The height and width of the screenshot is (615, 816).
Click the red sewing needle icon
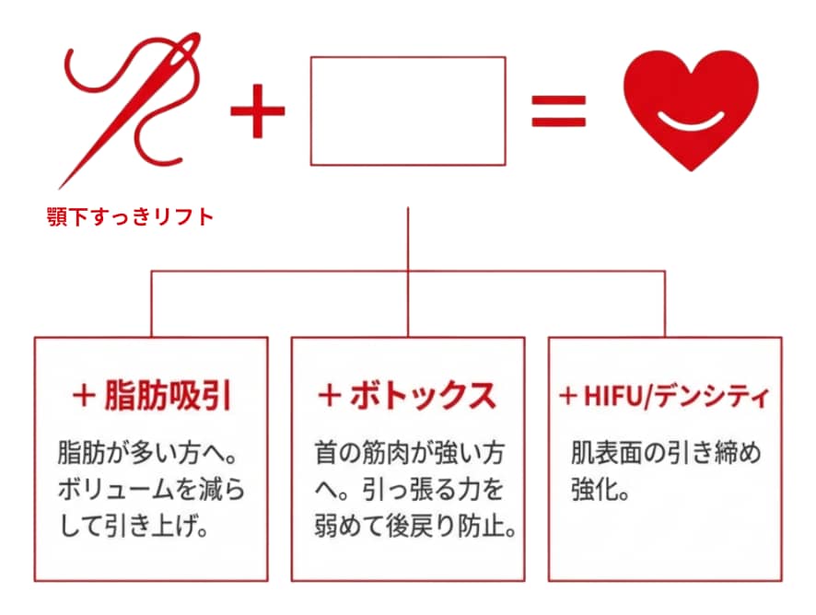pos(129,110)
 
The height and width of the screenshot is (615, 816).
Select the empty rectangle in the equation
pos(407,111)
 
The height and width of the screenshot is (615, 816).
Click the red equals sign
pos(558,112)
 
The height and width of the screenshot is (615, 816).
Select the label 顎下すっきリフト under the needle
pos(130,218)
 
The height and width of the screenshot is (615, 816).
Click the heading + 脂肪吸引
pos(151,396)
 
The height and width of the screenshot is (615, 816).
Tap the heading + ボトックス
pos(407,396)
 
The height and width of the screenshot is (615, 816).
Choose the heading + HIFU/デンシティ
pos(664,397)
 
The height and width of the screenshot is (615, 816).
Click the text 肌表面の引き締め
pos(664,454)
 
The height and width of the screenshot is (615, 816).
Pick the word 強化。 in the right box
pos(600,492)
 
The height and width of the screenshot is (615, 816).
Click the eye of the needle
pos(188,51)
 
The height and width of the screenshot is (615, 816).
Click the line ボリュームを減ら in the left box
pos(150,492)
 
